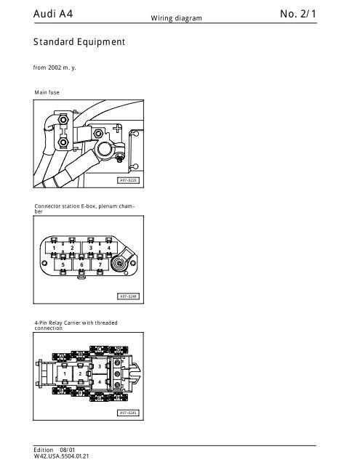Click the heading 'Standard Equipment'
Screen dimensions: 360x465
tap(79, 42)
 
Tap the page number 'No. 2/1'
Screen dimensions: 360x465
tap(298, 14)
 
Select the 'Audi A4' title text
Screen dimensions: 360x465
tap(53, 14)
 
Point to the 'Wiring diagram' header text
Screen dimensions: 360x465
tap(176, 18)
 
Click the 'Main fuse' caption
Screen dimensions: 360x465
tap(47, 92)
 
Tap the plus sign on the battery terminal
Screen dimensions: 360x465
tap(118, 128)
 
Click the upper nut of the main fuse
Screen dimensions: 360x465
tap(63, 120)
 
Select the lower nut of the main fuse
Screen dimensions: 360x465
tap(63, 142)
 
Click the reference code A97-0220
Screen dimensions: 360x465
tap(128, 180)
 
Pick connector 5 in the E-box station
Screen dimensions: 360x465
tap(63, 264)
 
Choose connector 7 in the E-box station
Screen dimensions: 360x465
tap(100, 264)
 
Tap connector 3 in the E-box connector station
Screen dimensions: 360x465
tap(91, 248)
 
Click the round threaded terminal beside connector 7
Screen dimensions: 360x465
tap(119, 263)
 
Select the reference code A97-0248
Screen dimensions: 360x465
tap(128, 296)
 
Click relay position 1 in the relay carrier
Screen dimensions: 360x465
tap(65, 373)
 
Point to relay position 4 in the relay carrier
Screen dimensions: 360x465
tap(100, 382)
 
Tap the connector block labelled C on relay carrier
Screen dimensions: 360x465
tap(99, 349)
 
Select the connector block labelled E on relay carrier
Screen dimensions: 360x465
tap(62, 391)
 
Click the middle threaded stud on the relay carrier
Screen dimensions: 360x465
tap(118, 373)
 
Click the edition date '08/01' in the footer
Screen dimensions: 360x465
tap(68, 450)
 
